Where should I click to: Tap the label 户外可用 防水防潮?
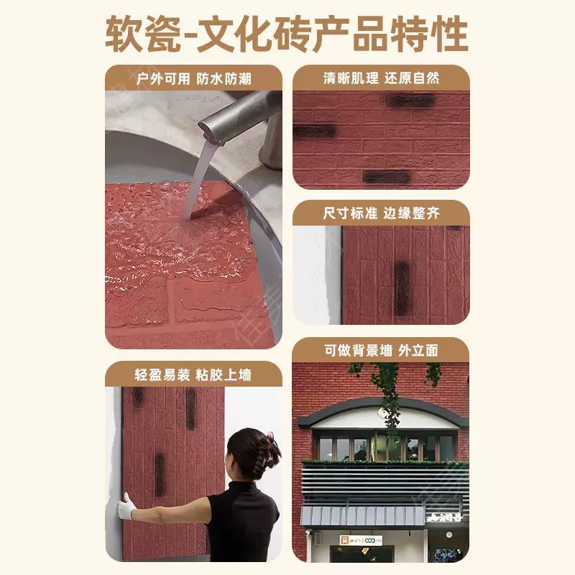[193, 78]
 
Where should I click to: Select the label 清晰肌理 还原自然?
[381, 78]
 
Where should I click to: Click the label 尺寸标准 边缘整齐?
[381, 213]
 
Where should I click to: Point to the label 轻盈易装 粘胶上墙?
[193, 374]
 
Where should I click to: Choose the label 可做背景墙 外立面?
[381, 351]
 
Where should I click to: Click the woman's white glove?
[126, 507]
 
